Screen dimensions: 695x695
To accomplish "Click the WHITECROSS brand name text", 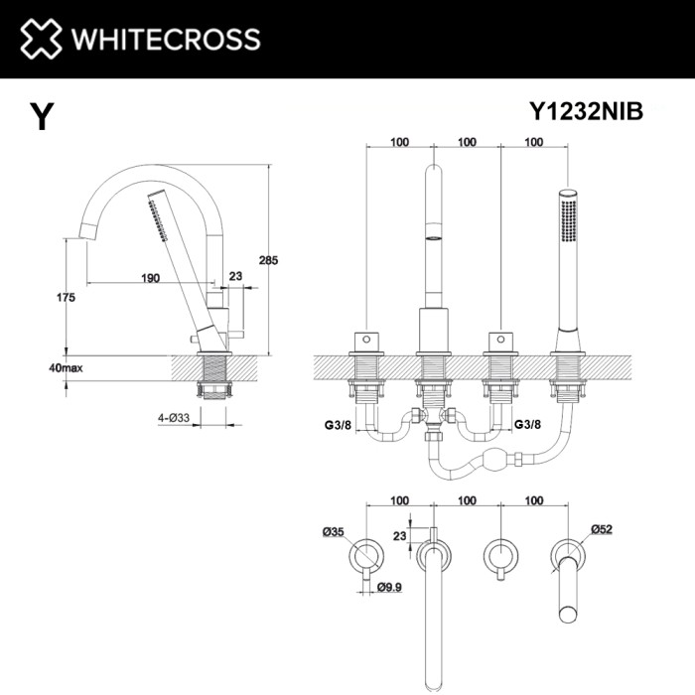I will pos(164,39).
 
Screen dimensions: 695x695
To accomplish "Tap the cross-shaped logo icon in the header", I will pos(40,39).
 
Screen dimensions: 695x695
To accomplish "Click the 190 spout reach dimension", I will pos(150,277).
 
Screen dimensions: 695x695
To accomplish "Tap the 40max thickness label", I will pos(66,367).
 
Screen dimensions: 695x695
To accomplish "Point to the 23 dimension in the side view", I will pos(234,277).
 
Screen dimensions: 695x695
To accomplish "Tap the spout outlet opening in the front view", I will pos(433,239).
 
